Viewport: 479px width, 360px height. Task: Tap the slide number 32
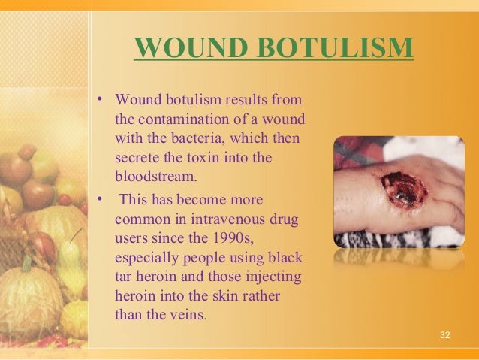[x=445, y=334]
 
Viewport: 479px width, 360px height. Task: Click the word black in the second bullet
[x=288, y=257]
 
